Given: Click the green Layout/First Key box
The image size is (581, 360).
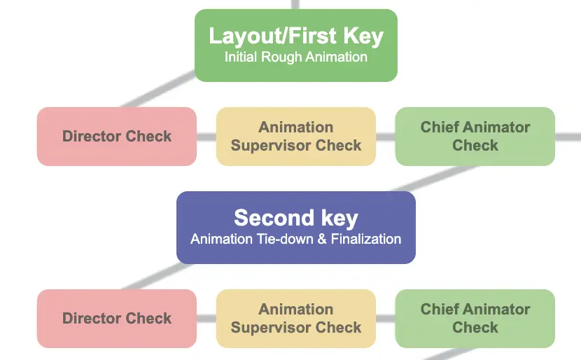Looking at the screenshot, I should pyautogui.click(x=295, y=46).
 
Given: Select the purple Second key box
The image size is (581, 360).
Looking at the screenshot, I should pyautogui.click(x=295, y=227).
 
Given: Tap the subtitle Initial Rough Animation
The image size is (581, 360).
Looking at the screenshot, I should pyautogui.click(x=295, y=57).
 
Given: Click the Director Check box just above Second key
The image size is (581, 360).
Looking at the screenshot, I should pyautogui.click(x=116, y=137).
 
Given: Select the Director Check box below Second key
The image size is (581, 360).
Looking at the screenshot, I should pyautogui.click(x=116, y=319).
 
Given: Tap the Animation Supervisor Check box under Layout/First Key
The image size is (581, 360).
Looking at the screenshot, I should pyautogui.click(x=295, y=137).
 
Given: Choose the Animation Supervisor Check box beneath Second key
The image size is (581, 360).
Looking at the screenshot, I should pyautogui.click(x=295, y=319).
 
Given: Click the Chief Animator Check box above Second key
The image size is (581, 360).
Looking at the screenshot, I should pyautogui.click(x=475, y=137).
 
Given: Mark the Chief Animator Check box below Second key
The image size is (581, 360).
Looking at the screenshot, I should pyautogui.click(x=475, y=319).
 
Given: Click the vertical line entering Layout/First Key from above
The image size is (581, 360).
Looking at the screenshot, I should pyautogui.click(x=295, y=4).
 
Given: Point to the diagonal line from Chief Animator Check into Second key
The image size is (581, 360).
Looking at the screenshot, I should pyautogui.click(x=427, y=179).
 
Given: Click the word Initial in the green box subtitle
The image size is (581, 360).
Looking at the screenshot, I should pyautogui.click(x=241, y=57).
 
